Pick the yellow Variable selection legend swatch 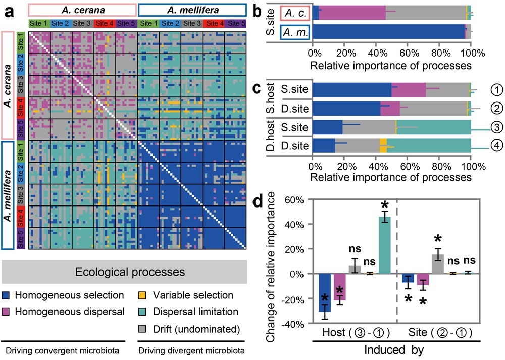(x=143, y=295)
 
